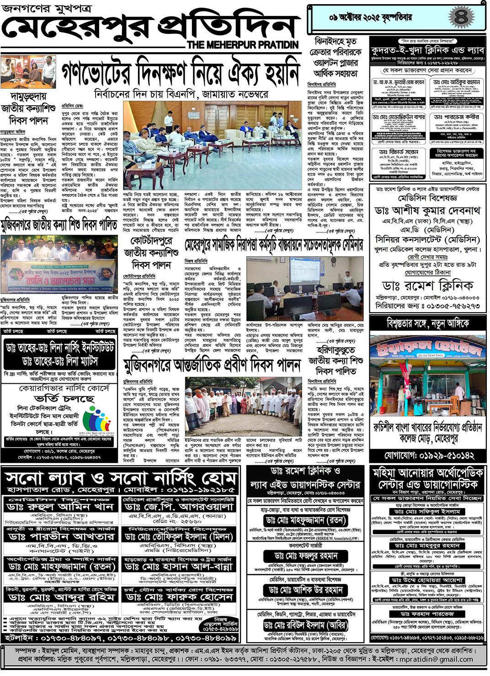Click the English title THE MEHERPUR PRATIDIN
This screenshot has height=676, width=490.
pyautogui.click(x=242, y=45)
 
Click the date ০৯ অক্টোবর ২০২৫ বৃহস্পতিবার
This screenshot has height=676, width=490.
pyautogui.click(x=370, y=18)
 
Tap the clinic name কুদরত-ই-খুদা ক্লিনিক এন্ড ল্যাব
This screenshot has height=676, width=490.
pyautogui.click(x=427, y=50)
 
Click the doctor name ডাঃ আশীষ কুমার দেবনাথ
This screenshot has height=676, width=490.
pyautogui.click(x=427, y=210)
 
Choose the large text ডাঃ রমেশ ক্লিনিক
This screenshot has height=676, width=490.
pyautogui.click(x=427, y=286)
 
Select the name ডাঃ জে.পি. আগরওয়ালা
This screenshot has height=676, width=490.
pyautogui.click(x=179, y=507)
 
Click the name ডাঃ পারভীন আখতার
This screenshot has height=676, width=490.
pyautogui.click(x=61, y=536)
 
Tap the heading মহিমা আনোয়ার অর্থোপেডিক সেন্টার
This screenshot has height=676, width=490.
pyautogui.click(x=427, y=478)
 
